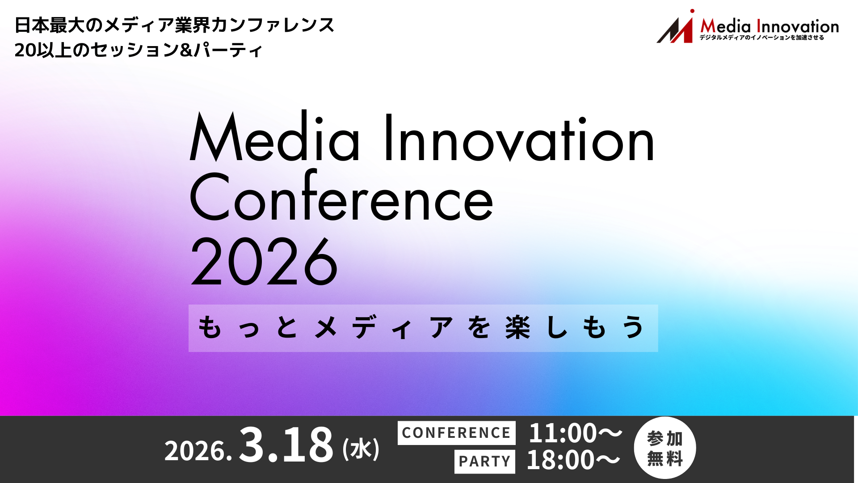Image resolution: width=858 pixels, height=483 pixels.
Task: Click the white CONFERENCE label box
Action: pyautogui.click(x=456, y=433)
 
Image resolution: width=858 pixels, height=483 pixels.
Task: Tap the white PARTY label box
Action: pyautogui.click(x=484, y=461)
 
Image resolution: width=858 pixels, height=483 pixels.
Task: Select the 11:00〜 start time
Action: pyautogui.click(x=575, y=433)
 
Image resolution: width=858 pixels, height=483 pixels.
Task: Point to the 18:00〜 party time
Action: pyautogui.click(x=573, y=460)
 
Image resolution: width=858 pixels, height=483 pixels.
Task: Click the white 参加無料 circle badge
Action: pyautogui.click(x=665, y=448)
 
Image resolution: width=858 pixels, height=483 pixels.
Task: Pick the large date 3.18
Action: pyautogui.click(x=286, y=445)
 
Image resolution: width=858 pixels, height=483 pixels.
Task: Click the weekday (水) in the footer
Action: pyautogui.click(x=361, y=449)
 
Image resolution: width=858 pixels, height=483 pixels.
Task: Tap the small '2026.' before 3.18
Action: pyautogui.click(x=198, y=451)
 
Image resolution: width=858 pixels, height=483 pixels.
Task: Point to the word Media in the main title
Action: pyautogui.click(x=274, y=138)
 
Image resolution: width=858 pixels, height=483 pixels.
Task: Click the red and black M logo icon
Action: pyautogui.click(x=675, y=28)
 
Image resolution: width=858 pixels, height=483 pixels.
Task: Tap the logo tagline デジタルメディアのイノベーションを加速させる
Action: pyautogui.click(x=761, y=38)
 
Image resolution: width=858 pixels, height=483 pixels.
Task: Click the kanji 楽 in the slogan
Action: pyautogui.click(x=517, y=328)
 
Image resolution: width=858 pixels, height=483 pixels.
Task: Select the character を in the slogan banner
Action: pyautogui.click(x=479, y=328)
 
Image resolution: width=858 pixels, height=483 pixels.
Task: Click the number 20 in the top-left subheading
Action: pyautogui.click(x=25, y=50)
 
